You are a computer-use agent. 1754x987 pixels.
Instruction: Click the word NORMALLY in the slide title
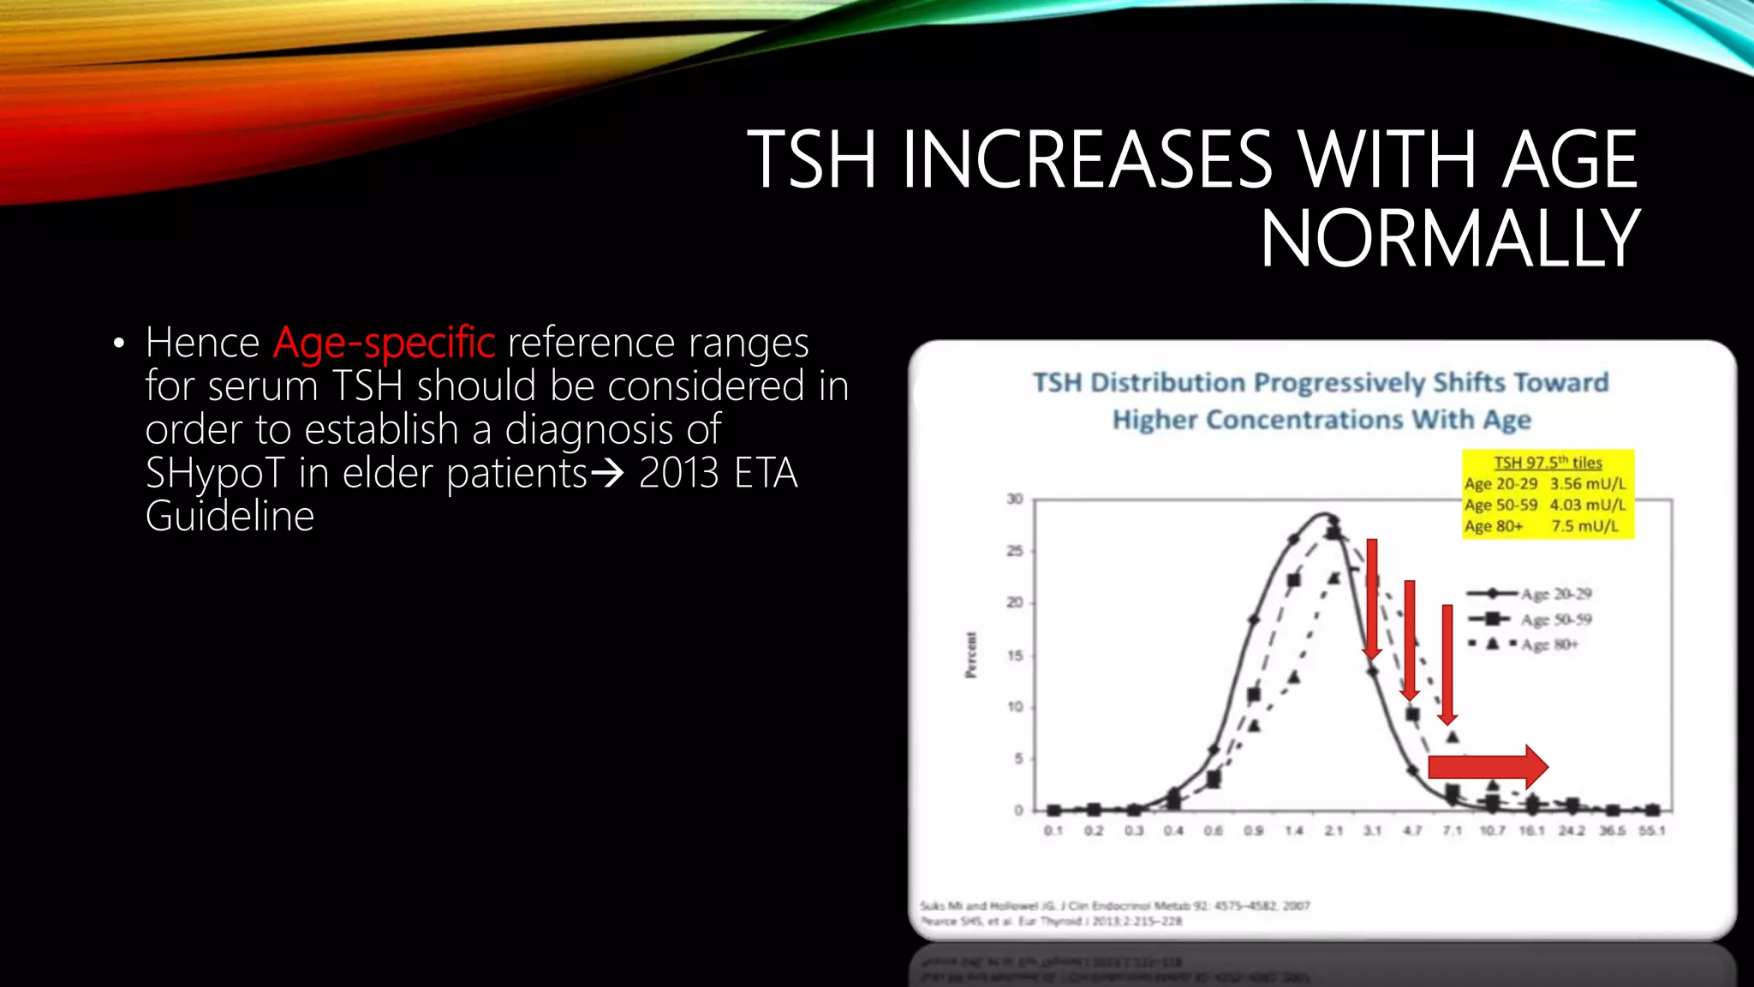click(1449, 239)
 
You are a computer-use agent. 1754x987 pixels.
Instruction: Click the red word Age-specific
click(384, 343)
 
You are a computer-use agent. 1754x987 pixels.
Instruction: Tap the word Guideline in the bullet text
click(230, 516)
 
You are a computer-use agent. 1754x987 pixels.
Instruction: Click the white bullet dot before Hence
click(119, 344)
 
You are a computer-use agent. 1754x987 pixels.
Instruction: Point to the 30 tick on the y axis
click(1015, 499)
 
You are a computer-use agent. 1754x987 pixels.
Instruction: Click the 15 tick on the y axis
click(1015, 655)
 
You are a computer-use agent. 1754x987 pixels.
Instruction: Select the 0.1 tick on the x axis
click(1053, 830)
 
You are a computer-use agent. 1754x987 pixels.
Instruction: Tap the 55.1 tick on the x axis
click(1652, 830)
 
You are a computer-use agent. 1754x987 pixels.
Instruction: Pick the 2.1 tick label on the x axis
click(1333, 830)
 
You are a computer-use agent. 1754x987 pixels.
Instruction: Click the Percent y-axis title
click(970, 655)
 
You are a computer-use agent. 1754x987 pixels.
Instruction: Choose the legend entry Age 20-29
click(1555, 594)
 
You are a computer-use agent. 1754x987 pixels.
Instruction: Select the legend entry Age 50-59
click(1555, 619)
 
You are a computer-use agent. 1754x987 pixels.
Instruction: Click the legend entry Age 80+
click(1548, 644)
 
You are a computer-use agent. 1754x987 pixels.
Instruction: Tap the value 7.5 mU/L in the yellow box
click(1584, 526)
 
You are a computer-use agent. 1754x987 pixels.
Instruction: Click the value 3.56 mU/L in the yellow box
click(1587, 484)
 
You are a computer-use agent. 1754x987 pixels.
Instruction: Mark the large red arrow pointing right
click(1489, 767)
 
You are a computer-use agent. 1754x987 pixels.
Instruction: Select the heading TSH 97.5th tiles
click(1548, 463)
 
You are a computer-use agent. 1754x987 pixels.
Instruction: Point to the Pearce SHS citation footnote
click(1051, 921)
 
